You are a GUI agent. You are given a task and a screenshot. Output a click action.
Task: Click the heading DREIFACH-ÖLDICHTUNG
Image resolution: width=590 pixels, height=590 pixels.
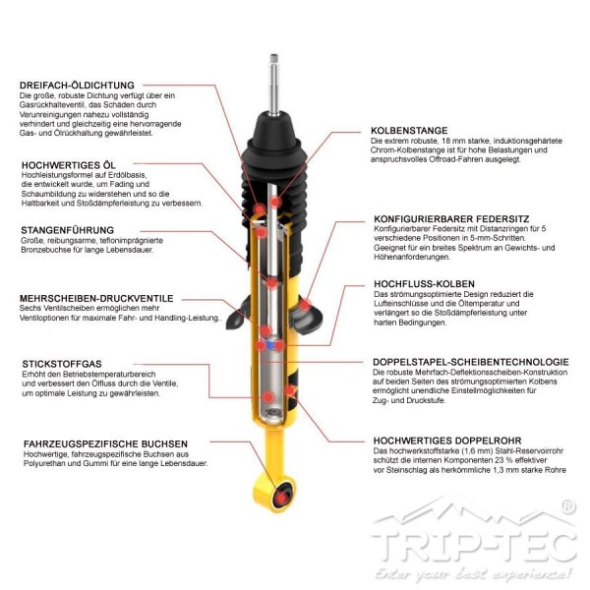coord(77,85)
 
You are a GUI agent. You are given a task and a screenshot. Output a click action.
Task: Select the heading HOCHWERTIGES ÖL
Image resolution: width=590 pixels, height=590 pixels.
coord(69,165)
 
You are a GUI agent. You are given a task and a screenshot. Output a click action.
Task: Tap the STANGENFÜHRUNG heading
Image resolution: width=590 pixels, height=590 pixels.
coord(67,230)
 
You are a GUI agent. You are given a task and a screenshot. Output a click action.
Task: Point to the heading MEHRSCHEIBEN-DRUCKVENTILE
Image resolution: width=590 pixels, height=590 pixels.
coord(96,298)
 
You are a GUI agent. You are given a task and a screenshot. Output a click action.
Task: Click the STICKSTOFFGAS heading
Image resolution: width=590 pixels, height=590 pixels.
coord(62,364)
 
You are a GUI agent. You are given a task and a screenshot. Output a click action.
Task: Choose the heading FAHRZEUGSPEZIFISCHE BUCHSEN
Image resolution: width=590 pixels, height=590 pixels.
coord(105,444)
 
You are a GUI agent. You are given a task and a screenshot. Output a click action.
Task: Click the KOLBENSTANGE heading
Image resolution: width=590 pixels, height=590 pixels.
coord(409,131)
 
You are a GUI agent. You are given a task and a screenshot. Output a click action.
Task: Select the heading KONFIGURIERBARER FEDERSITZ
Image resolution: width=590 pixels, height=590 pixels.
coord(451,219)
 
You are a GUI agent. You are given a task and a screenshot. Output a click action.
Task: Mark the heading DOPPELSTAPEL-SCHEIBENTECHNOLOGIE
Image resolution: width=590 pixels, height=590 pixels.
coord(471,362)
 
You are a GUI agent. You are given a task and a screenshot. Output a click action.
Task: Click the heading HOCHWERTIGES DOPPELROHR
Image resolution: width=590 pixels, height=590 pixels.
coord(447,441)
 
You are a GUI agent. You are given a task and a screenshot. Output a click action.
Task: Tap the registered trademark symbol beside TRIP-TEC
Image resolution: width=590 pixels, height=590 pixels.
coord(567,506)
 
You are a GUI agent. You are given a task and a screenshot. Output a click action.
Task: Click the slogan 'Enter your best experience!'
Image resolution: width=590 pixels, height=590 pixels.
coord(473,574)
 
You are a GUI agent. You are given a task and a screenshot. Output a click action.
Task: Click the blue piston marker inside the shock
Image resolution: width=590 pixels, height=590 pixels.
coord(269,345)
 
